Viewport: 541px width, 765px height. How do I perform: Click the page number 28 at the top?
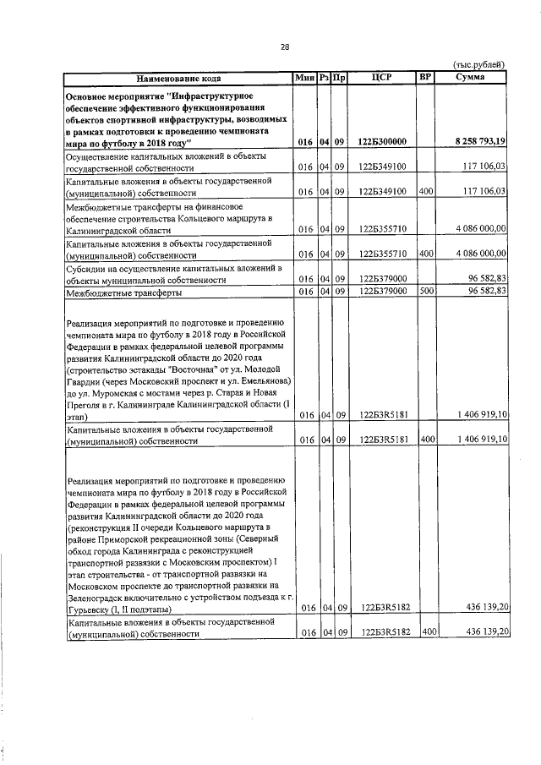click(x=285, y=46)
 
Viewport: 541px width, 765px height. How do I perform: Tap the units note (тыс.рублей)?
click(x=479, y=64)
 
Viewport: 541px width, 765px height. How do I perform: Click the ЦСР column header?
click(x=380, y=79)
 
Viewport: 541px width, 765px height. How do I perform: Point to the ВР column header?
click(x=425, y=79)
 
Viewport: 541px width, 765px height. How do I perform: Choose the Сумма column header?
click(x=470, y=79)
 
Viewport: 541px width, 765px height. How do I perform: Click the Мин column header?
click(x=303, y=79)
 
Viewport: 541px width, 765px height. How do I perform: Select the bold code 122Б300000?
click(x=382, y=141)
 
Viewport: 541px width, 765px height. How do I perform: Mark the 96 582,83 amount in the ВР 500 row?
click(x=482, y=292)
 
